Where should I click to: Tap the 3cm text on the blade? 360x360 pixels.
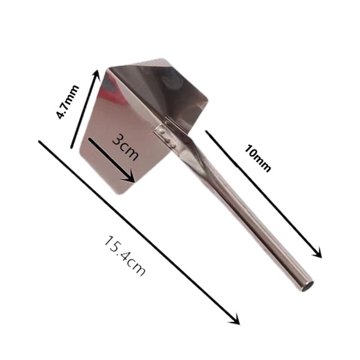(125, 148)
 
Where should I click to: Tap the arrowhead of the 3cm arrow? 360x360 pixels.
(131, 180)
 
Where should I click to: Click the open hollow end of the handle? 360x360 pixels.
(306, 287)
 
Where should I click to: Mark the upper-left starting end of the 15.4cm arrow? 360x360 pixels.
(41, 142)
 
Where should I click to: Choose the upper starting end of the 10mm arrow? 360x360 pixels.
(207, 132)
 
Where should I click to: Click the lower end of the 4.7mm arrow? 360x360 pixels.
(73, 148)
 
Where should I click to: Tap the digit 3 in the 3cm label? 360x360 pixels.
(116, 140)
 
